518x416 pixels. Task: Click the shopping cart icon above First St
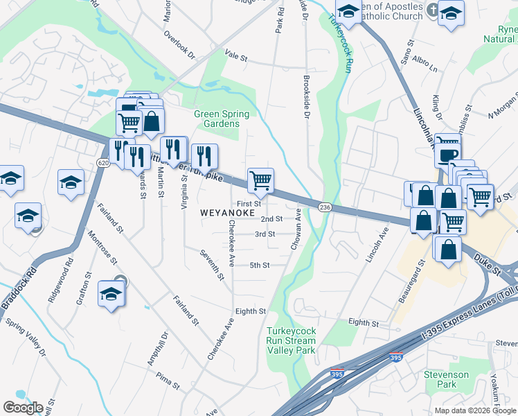click(x=261, y=181)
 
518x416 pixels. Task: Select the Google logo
click(x=23, y=408)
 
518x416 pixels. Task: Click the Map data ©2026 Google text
click(x=475, y=410)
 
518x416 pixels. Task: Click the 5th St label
click(x=259, y=265)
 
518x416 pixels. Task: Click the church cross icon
click(x=432, y=10)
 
